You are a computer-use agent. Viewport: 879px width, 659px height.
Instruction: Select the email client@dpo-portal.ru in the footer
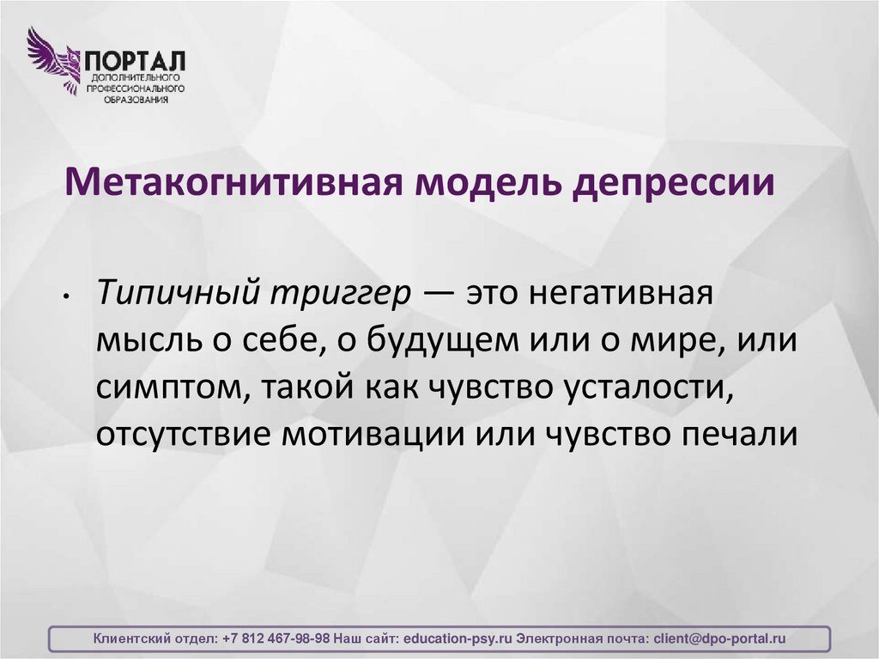pyautogui.click(x=719, y=639)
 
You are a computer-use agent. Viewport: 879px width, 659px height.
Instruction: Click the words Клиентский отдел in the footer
pyautogui.click(x=155, y=639)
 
